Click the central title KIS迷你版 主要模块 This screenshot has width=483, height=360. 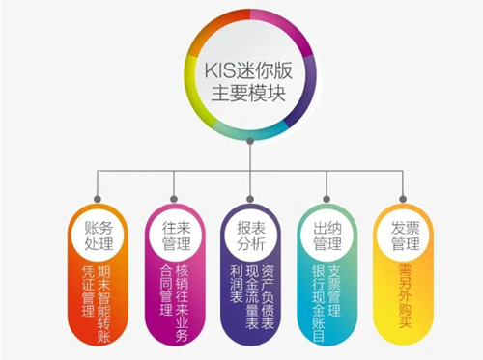point(248,82)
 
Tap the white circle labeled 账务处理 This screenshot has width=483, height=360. point(99,236)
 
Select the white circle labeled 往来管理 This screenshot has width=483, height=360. point(175,236)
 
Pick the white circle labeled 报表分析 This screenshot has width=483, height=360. point(251,236)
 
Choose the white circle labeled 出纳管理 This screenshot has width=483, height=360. point(327,236)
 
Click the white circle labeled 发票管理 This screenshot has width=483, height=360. point(405,236)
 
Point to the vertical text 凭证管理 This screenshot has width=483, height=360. point(88,291)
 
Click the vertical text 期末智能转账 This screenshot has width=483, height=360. point(103,304)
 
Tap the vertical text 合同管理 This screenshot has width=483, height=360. point(166,291)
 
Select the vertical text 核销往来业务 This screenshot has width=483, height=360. point(182,303)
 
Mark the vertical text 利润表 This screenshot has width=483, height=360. point(237,284)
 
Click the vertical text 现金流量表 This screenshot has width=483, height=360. point(252,297)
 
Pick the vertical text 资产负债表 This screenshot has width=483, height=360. point(268,297)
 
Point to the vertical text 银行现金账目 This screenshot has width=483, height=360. point(319,303)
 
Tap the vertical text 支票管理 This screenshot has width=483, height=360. point(334,291)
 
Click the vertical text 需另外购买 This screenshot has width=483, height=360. point(405,296)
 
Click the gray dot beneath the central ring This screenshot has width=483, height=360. point(250,141)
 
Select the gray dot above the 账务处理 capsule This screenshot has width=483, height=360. point(98,199)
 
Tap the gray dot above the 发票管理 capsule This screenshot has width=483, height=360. point(403,199)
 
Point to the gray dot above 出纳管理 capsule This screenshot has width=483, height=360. point(327,199)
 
